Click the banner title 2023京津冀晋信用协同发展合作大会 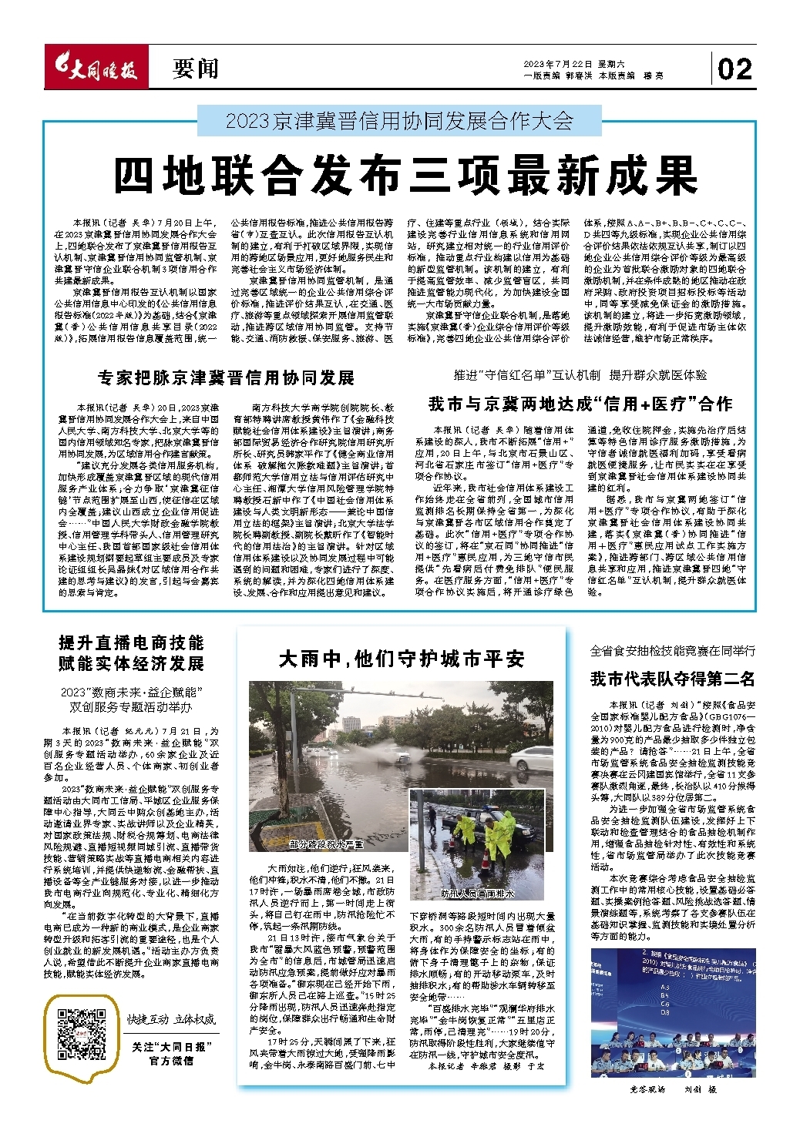399,121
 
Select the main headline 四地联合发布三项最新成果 405,176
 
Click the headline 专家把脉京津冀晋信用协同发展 226,377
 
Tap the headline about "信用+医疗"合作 580,403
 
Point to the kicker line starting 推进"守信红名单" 580,375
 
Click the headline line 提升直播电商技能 131,643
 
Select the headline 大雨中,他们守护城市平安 402,659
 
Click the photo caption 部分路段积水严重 325,844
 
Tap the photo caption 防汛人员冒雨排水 478,894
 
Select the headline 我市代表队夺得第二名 672,679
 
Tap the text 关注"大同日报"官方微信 172,1053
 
